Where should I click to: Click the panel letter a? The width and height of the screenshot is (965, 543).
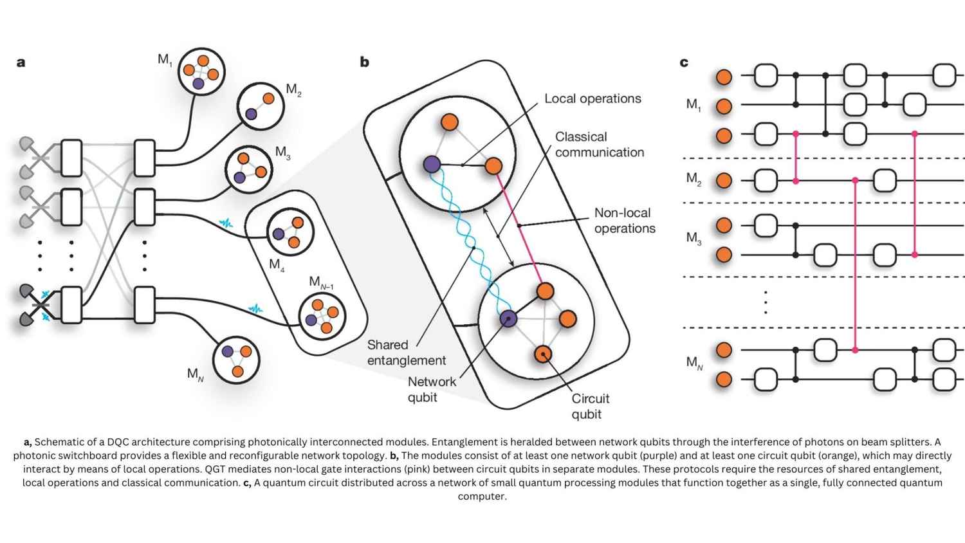click(x=21, y=62)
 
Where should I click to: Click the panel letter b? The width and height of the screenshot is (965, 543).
click(x=364, y=62)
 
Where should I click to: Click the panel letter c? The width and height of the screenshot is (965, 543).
click(x=684, y=62)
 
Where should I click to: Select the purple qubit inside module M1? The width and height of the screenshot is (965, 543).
click(x=198, y=84)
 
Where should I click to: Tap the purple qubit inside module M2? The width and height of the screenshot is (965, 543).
click(x=251, y=114)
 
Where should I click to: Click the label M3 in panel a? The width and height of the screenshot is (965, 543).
click(x=282, y=152)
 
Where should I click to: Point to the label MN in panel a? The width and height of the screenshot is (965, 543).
click(x=195, y=374)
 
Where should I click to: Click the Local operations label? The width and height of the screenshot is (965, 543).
click(x=592, y=98)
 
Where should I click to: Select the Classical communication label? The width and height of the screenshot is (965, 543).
click(x=599, y=145)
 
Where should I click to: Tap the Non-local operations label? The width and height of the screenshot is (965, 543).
click(x=624, y=220)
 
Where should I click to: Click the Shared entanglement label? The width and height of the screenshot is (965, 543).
click(x=405, y=353)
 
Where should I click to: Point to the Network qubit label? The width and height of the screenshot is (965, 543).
click(x=431, y=389)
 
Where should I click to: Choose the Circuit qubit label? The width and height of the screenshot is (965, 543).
click(x=590, y=406)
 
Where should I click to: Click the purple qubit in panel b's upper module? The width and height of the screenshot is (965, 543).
click(x=432, y=164)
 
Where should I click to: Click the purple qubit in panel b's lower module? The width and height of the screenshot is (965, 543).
click(x=508, y=318)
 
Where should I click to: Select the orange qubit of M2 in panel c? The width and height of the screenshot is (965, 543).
click(x=724, y=180)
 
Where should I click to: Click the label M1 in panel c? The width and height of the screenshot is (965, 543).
click(x=693, y=104)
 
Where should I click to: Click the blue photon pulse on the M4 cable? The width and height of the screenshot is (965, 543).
click(x=226, y=223)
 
